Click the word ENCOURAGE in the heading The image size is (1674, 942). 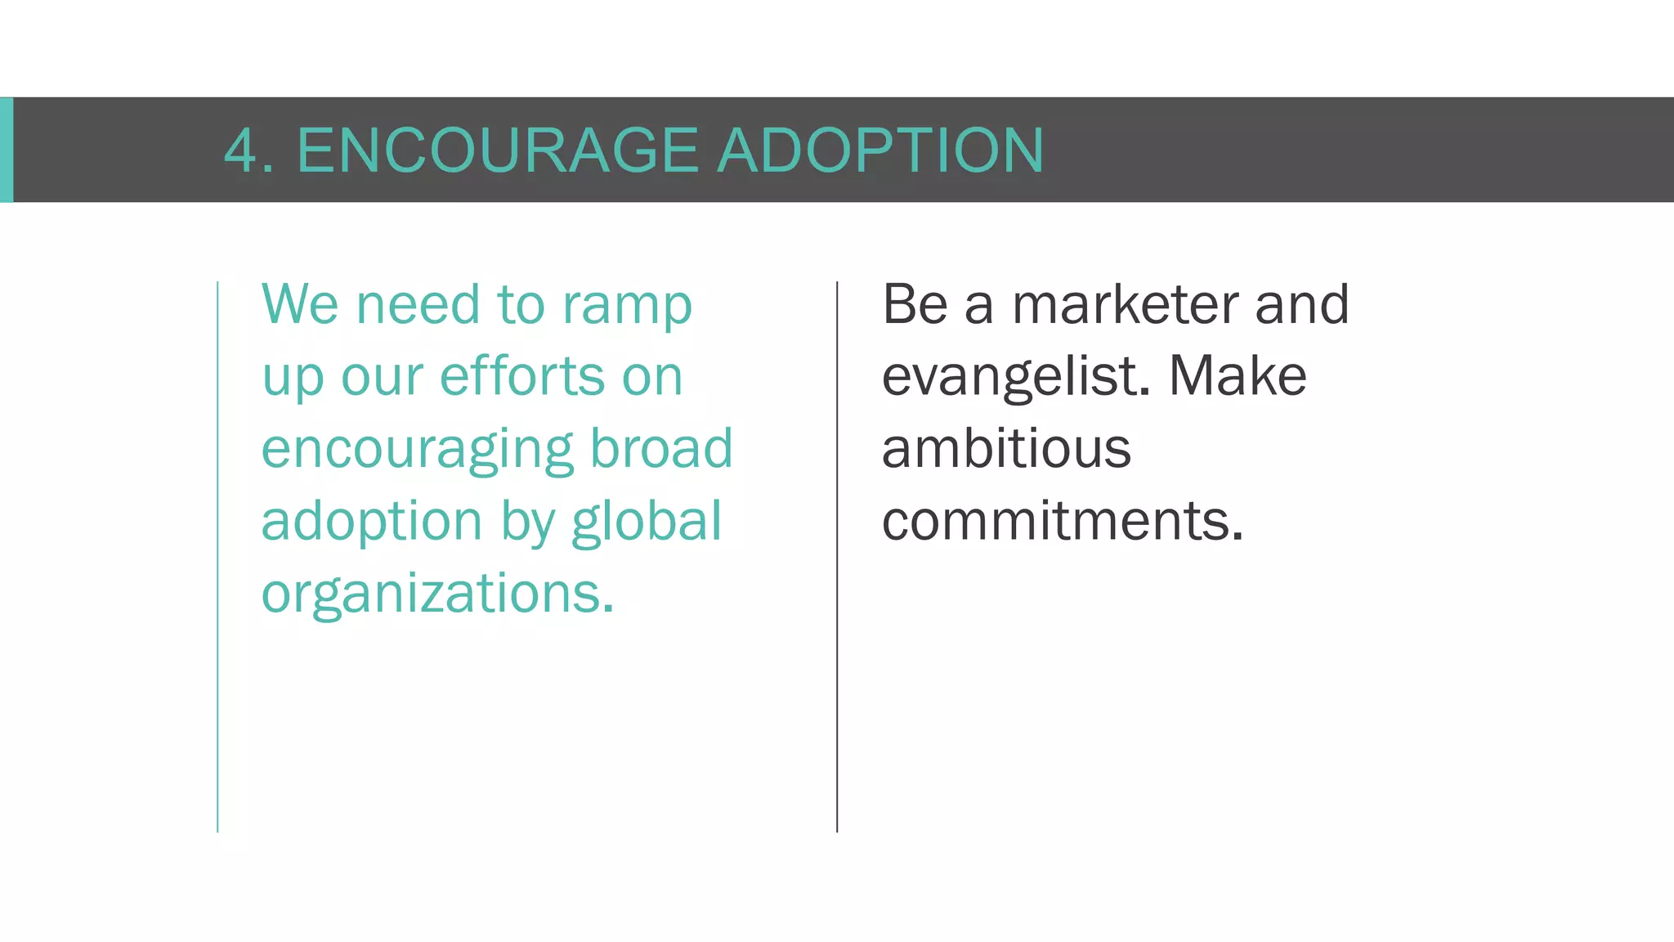[x=497, y=151]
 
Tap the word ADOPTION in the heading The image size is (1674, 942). [x=880, y=151]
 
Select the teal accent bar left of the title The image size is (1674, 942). [x=7, y=150]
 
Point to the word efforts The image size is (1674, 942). [x=522, y=377]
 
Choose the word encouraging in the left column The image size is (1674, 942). [x=418, y=451]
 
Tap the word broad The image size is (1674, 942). [x=661, y=449]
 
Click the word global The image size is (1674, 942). [x=647, y=521]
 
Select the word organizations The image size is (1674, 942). [x=437, y=594]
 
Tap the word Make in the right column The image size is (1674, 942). [x=1238, y=377]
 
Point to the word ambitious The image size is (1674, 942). [x=1006, y=449]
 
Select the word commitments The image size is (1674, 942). [x=1063, y=521]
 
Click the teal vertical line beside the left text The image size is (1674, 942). [x=217, y=556]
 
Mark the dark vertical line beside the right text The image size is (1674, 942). [x=837, y=556]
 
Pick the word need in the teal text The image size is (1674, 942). [x=418, y=305]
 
